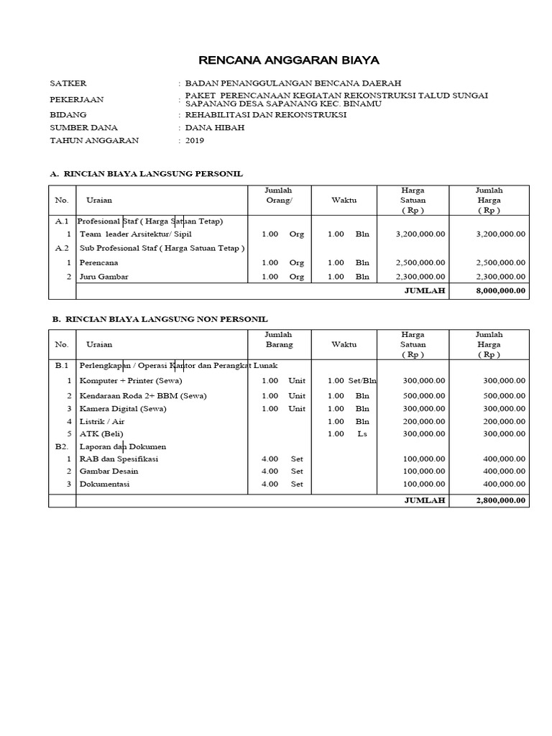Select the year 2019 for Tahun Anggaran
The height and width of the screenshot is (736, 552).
195,140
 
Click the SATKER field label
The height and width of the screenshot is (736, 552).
68,83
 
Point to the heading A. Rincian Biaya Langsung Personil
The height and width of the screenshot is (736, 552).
146,174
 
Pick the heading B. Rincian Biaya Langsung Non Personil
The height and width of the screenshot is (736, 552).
160,318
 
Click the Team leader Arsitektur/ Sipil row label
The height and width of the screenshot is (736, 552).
136,234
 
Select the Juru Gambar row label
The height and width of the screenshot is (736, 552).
103,277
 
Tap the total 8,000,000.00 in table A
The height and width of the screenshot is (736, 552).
500,291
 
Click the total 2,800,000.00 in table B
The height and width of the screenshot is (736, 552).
500,500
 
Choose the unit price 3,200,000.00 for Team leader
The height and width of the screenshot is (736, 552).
420,234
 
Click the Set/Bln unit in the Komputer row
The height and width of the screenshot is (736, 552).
363,380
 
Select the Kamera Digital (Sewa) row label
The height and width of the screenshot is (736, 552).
123,408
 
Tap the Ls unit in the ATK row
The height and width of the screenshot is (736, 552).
362,433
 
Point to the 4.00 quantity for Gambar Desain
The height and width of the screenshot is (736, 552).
270,471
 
